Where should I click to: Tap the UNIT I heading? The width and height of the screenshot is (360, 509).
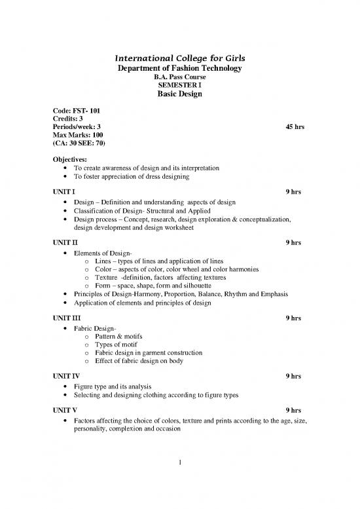64,192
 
